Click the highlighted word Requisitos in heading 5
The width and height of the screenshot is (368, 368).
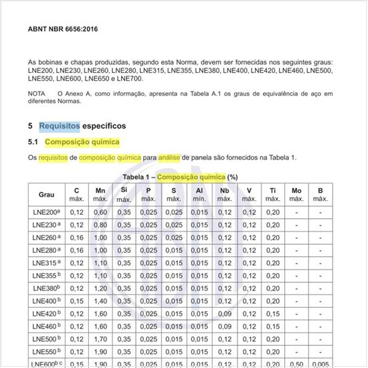[60, 126]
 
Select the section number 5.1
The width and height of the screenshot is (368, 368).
[33, 143]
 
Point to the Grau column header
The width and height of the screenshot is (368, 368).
[46, 195]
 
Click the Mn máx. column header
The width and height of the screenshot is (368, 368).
[100, 195]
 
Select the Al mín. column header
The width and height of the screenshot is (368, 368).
[199, 195]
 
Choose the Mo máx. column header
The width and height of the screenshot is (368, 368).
[296, 195]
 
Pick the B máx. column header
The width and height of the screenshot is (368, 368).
[320, 195]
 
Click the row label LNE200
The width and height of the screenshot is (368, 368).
[46, 213]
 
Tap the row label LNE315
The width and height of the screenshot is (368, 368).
[46, 263]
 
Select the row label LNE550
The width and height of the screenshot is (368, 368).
[46, 351]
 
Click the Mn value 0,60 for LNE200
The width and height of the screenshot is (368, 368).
[100, 213]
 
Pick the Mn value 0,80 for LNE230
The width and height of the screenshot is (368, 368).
[100, 225]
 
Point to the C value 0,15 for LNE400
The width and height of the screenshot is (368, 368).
[76, 301]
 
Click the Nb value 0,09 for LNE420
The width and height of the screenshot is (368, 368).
[224, 314]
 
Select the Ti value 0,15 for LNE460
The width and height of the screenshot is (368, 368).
[273, 327]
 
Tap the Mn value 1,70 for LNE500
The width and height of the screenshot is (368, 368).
[100, 339]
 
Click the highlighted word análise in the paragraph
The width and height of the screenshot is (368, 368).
[173, 157]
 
